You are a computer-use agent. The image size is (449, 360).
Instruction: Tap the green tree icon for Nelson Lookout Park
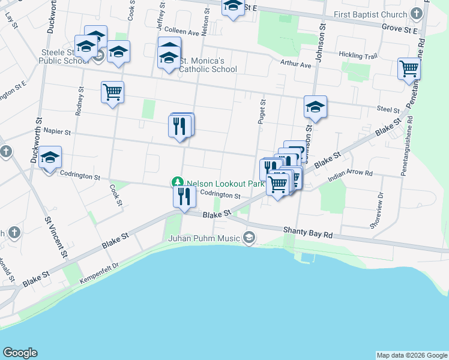177,182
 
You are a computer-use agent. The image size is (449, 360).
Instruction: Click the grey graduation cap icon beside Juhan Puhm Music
249,239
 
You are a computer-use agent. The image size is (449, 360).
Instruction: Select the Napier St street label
55,131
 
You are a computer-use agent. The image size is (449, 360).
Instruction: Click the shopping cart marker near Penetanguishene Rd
408,69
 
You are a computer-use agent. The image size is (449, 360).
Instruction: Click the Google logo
20,353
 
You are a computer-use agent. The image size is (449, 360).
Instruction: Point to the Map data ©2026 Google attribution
412,355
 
